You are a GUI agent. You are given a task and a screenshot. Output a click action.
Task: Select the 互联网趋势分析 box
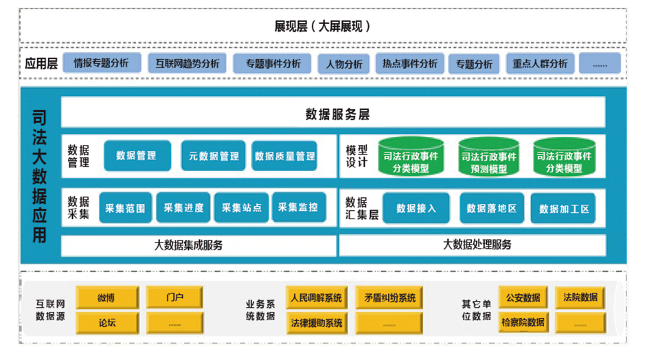[187, 63]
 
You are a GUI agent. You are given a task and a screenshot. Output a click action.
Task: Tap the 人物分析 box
[343, 64]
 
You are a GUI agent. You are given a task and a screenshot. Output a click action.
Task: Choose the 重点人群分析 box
[540, 64]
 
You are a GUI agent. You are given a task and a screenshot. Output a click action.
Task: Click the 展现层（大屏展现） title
[323, 26]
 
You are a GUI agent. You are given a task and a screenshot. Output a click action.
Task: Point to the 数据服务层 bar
[334, 113]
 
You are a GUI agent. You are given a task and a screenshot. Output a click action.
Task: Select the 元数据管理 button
[214, 156]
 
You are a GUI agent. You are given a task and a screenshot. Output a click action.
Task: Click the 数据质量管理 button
[284, 156]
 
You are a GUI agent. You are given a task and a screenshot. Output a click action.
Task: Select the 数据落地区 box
[491, 208]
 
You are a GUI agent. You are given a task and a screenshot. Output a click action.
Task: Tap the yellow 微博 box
[106, 298]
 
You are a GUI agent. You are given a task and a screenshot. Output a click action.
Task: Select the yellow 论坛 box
[106, 322]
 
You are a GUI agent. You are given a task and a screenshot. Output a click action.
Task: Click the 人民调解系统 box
[316, 298]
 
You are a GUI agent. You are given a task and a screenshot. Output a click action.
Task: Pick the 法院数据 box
[580, 298]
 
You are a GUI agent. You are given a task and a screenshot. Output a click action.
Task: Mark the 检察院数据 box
[523, 322]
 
